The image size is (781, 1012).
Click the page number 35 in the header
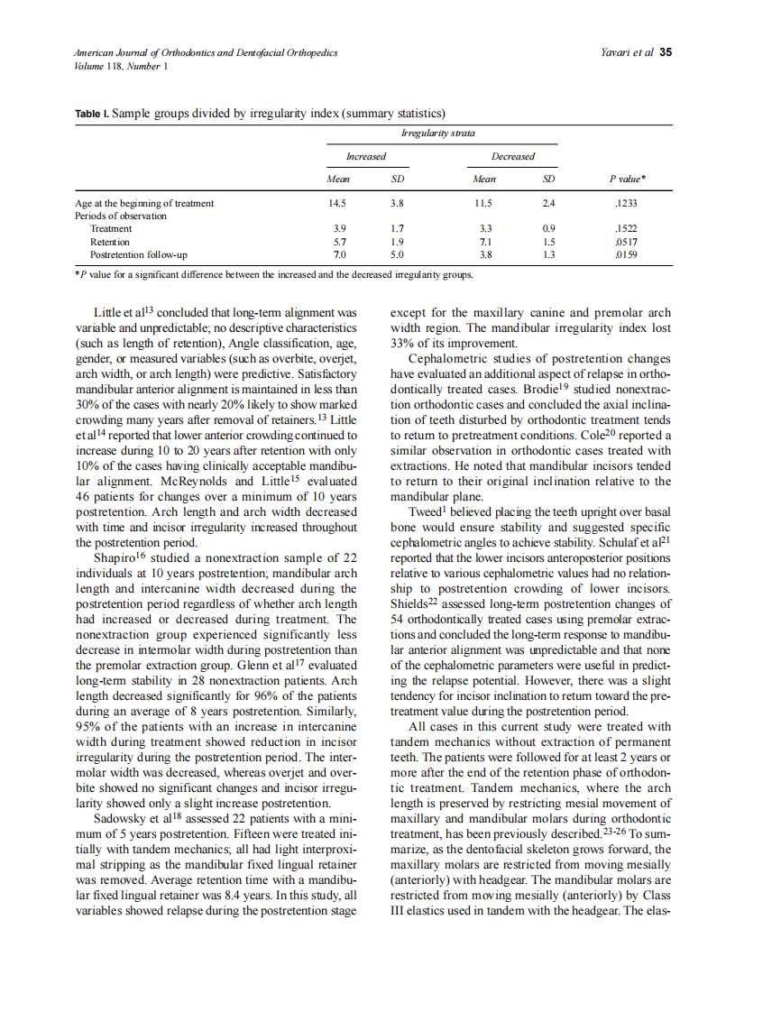[x=666, y=52]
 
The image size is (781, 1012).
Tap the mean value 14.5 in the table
[x=339, y=203]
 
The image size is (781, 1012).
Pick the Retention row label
[x=109, y=242]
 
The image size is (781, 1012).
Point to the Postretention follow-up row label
[x=138, y=255]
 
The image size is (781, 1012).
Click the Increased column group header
[x=366, y=156]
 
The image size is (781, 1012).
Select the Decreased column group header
[x=514, y=156]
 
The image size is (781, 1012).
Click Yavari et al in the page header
[x=627, y=52]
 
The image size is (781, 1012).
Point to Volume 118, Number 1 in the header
[x=122, y=66]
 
